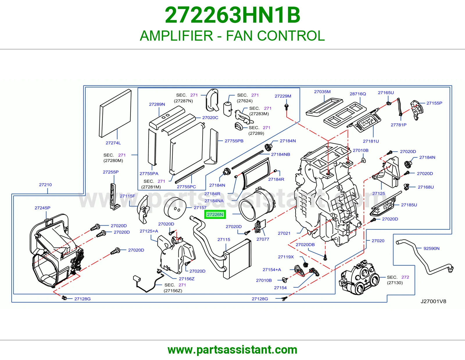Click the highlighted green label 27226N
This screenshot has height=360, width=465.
pyautogui.click(x=215, y=215)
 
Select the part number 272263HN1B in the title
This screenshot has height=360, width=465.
pyautogui.click(x=233, y=15)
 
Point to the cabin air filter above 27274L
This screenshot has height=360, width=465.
pyautogui.click(x=115, y=113)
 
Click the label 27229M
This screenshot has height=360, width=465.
pyautogui.click(x=283, y=96)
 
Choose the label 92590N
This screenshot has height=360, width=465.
pyautogui.click(x=431, y=249)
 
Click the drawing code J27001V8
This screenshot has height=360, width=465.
pyautogui.click(x=433, y=301)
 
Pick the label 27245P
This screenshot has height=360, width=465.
pyautogui.click(x=42, y=208)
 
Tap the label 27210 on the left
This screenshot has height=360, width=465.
pyautogui.click(x=45, y=185)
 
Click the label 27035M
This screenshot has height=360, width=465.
pyautogui.click(x=322, y=92)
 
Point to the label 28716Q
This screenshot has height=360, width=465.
pyautogui.click(x=358, y=94)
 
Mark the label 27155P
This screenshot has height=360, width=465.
pyautogui.click(x=434, y=103)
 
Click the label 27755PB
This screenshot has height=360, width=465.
pyautogui.click(x=234, y=141)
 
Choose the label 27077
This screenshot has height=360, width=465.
pyautogui.click(x=263, y=239)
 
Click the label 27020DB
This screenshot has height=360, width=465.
pyautogui.click(x=305, y=244)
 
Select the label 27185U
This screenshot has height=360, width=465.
pyautogui.click(x=409, y=205)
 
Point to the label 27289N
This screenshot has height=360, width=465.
pyautogui.click(x=157, y=104)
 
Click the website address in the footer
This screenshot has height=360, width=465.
pyautogui.click(x=233, y=350)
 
